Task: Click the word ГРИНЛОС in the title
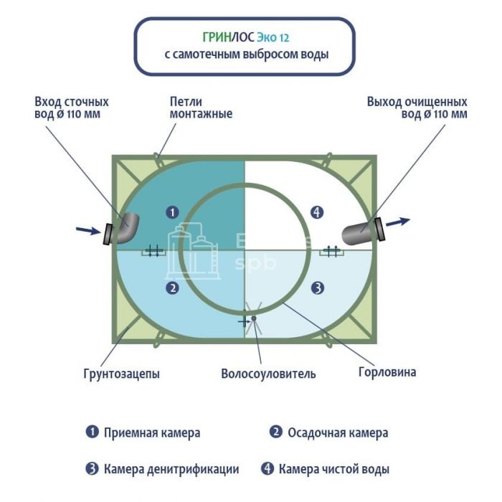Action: pyautogui.click(x=224, y=37)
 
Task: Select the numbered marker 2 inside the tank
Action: pyautogui.click(x=171, y=288)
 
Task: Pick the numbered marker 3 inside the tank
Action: pyautogui.click(x=318, y=288)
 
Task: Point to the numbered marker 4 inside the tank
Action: pyautogui.click(x=318, y=212)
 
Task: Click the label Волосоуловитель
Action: pyautogui.click(x=268, y=374)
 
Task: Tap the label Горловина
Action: pyautogui.click(x=387, y=372)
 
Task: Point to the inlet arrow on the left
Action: pyautogui.click(x=87, y=230)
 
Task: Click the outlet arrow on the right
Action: pyautogui.click(x=398, y=222)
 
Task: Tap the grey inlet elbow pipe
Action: pyautogui.click(x=124, y=228)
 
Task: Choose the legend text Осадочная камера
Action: pyautogui.click(x=338, y=432)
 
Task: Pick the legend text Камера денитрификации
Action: pyautogui.click(x=171, y=470)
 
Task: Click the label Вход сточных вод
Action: pyautogui.click(x=72, y=108)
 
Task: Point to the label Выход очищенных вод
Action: pyautogui.click(x=417, y=108)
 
